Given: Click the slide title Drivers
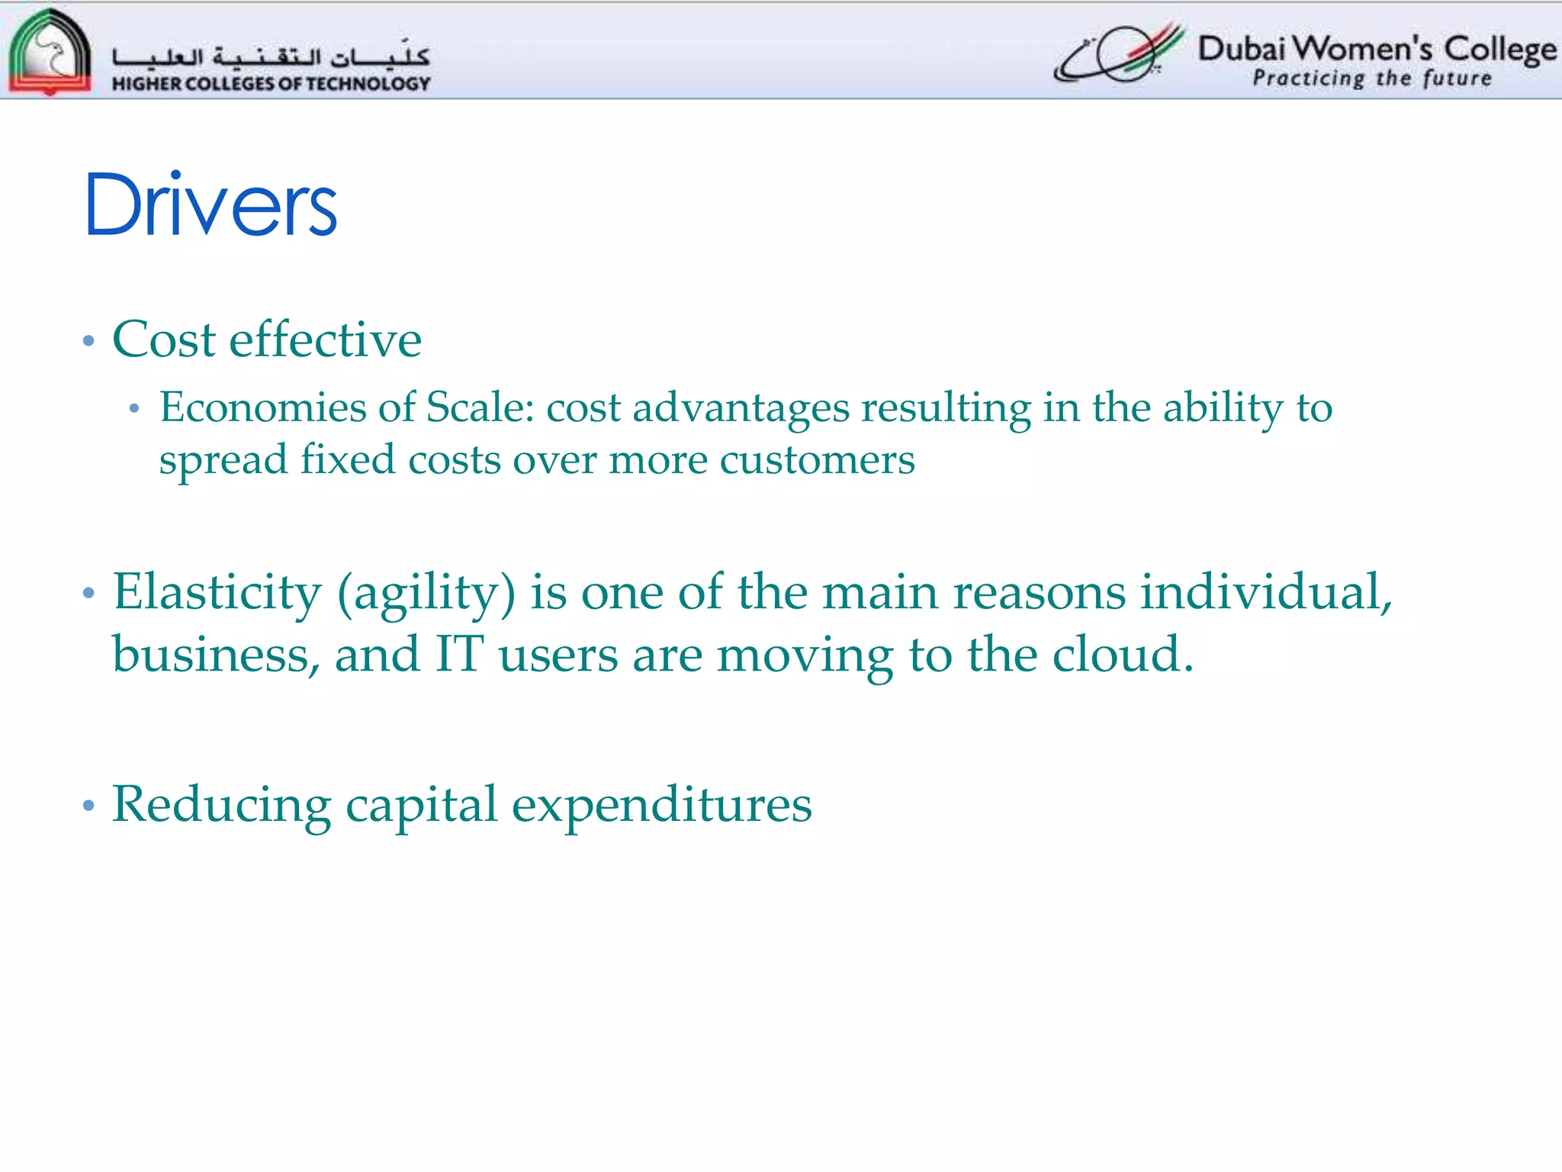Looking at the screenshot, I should [x=211, y=204].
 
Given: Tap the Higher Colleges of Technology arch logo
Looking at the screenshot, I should [x=49, y=52].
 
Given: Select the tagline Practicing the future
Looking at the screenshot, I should [x=1372, y=79].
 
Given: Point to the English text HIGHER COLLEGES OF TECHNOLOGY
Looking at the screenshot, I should [x=271, y=83].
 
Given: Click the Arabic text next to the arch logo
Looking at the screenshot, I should [x=271, y=56].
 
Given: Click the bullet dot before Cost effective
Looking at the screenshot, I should [x=88, y=340].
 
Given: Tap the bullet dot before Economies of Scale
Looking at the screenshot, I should [x=134, y=409].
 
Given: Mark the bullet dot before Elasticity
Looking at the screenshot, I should [x=88, y=593].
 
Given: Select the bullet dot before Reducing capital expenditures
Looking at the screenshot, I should [x=88, y=805].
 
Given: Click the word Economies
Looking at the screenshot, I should [x=263, y=407].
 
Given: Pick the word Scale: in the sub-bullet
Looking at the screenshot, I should [x=480, y=407].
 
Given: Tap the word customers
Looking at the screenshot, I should [x=817, y=459].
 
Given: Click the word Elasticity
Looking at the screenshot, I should [x=217, y=592].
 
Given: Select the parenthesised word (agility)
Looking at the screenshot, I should [x=426, y=594].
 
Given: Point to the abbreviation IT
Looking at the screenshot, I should [x=459, y=654].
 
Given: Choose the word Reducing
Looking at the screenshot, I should [x=221, y=805].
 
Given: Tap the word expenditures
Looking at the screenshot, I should [x=661, y=805].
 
